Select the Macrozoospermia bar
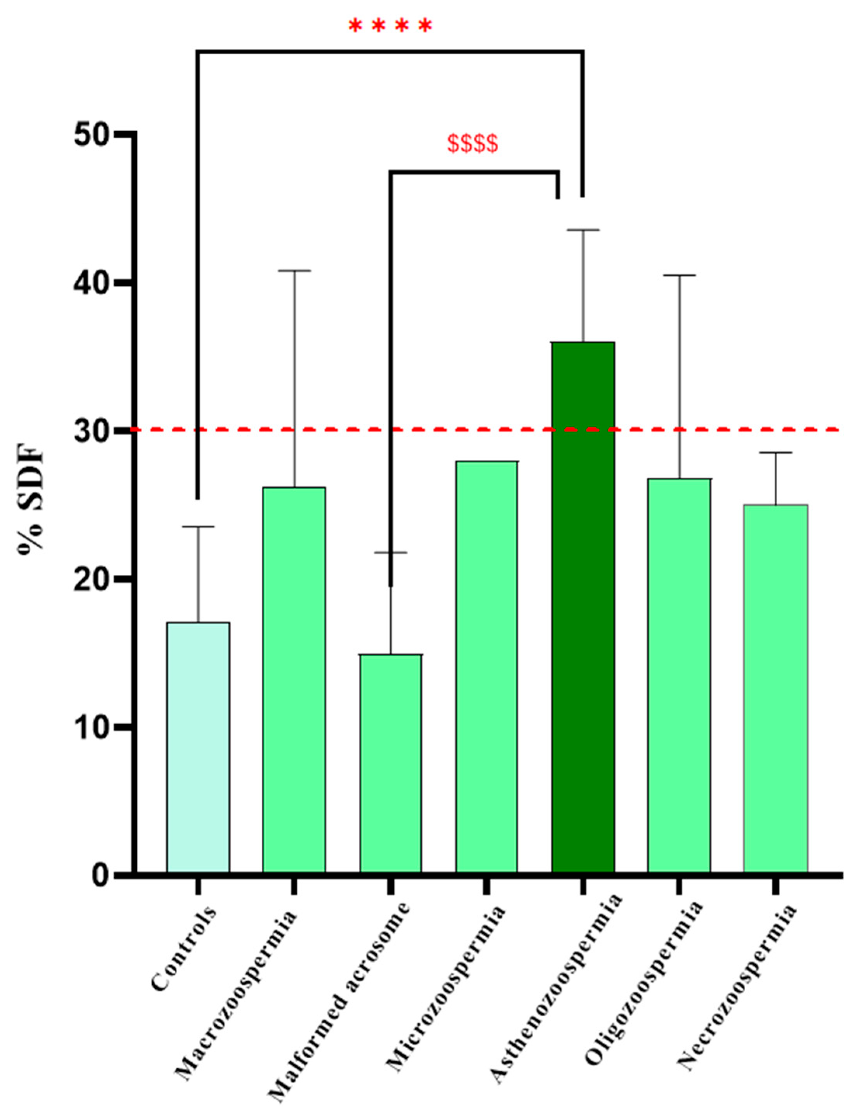(294, 679)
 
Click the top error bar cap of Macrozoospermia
(294, 271)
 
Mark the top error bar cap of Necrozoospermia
(775, 452)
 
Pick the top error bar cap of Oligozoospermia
(679, 275)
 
